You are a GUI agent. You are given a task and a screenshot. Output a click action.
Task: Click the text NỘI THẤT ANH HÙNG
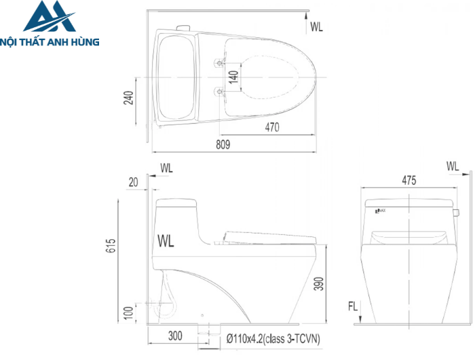coord(50,42)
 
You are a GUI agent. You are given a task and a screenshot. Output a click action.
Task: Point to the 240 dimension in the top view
coord(128,100)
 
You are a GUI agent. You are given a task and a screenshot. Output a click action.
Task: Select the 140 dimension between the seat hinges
coord(233,76)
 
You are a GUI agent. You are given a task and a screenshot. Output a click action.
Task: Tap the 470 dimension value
coord(272,126)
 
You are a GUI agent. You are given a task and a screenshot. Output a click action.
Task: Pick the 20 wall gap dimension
coord(132,181)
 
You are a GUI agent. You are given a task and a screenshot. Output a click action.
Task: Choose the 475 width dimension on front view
coord(408,181)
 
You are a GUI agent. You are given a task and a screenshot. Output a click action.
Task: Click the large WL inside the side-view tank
coord(166,240)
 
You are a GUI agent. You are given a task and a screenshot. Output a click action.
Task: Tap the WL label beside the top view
coord(316,27)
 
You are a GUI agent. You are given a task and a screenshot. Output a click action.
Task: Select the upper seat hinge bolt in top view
coord(218,62)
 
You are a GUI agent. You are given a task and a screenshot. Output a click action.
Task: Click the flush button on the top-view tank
coord(182,27)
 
